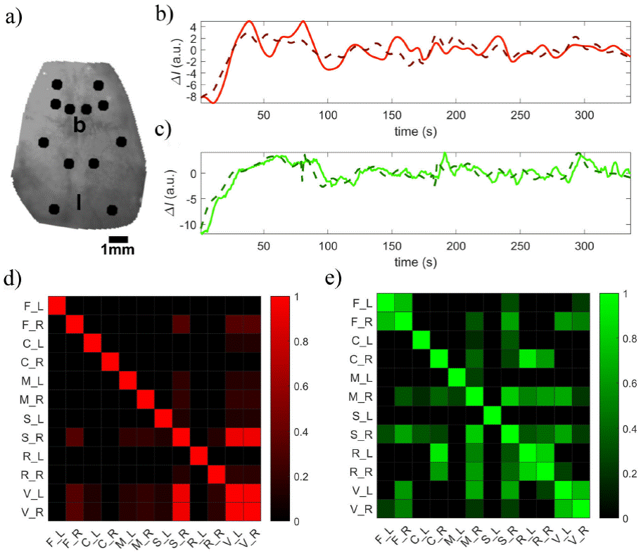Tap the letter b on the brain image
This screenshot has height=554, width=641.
pyautogui.click(x=80, y=126)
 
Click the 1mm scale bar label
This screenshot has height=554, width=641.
pyautogui.click(x=117, y=250)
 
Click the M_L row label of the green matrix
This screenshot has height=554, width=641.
pyautogui.click(x=362, y=378)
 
